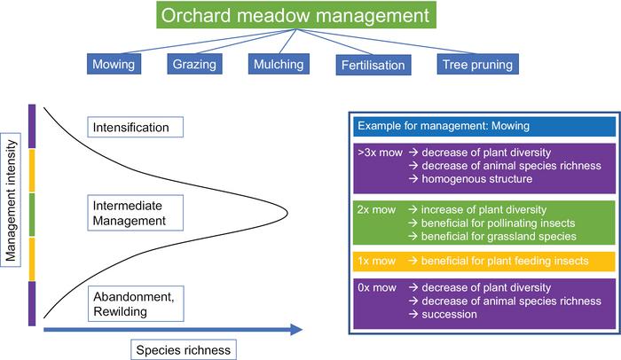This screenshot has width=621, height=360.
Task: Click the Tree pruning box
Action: [x=476, y=65]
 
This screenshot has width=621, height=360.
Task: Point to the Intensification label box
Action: [x=136, y=128]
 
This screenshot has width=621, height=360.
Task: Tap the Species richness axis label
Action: [x=185, y=349]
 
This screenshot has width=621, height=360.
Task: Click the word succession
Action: [x=454, y=315]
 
